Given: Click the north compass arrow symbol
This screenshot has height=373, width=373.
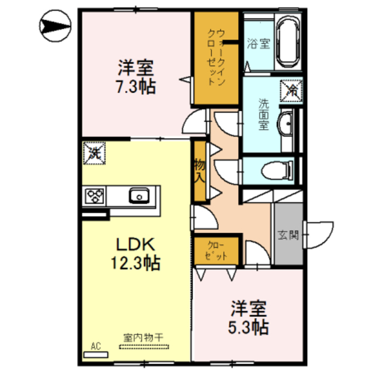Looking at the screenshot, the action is pyautogui.click(x=55, y=26).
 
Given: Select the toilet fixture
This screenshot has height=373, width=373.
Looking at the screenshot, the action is pyautogui.click(x=277, y=170).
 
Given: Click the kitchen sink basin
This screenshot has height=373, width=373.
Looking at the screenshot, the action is pyautogui.click(x=140, y=196).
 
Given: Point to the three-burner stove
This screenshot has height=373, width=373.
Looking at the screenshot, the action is pyautogui.click(x=95, y=196).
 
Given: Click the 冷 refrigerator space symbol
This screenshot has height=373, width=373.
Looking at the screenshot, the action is pyautogui.click(x=291, y=91).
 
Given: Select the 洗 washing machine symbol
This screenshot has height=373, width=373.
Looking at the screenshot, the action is pyautogui.click(x=95, y=153).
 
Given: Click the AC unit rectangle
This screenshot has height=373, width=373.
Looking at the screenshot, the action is pyautogui.click(x=96, y=355).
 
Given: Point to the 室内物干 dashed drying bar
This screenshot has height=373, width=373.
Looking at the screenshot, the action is pyautogui.click(x=144, y=347).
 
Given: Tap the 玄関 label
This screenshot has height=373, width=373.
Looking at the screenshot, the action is pyautogui.click(x=288, y=235).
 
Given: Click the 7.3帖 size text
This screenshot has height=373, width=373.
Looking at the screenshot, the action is pyautogui.click(x=136, y=86).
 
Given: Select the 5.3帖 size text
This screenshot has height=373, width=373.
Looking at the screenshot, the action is pyautogui.click(x=249, y=328).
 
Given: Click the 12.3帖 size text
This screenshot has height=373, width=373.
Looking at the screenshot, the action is pyautogui.click(x=135, y=263).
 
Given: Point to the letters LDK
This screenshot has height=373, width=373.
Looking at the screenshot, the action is pyautogui.click(x=135, y=244).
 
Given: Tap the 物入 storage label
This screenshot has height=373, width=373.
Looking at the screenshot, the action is pyautogui.click(x=200, y=171).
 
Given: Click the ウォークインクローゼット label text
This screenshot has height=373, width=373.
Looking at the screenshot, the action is pyautogui.click(x=217, y=57).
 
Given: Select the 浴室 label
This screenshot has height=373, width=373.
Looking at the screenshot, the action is pyautogui.click(x=259, y=44).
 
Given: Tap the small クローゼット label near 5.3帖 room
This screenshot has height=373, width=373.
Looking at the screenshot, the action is pyautogui.click(x=216, y=251).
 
